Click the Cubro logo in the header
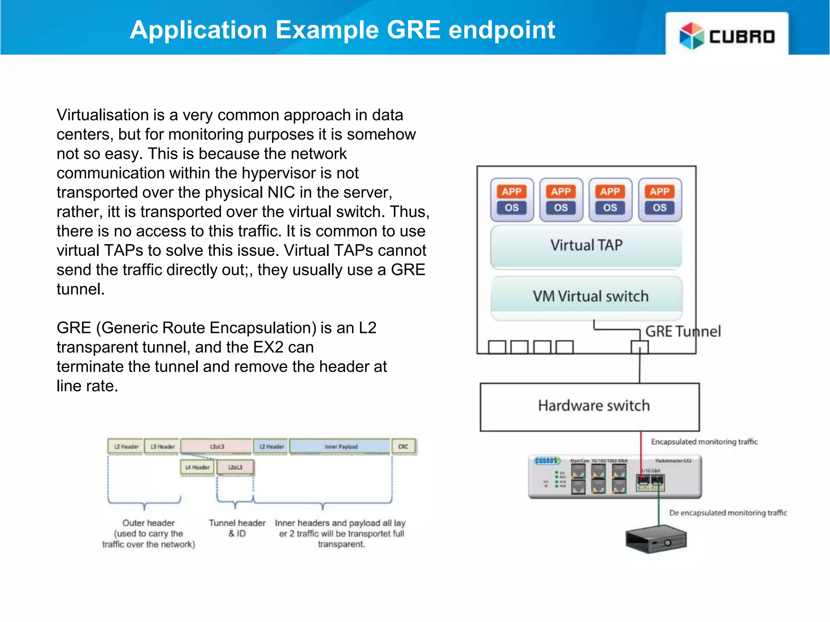tap(727, 36)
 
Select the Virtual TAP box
tap(586, 246)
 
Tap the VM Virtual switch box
tap(590, 296)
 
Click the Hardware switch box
tap(593, 406)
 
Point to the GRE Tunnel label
tap(683, 332)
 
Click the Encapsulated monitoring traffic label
tap(704, 442)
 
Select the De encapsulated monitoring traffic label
tap(727, 513)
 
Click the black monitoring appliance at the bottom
tap(656, 539)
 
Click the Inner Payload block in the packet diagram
tap(340, 447)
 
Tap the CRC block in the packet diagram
tap(403, 447)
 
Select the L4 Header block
tap(197, 467)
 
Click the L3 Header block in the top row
tap(163, 447)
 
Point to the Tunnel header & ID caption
tap(237, 528)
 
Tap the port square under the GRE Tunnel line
tap(640, 347)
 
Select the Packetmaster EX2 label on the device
tap(673, 461)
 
